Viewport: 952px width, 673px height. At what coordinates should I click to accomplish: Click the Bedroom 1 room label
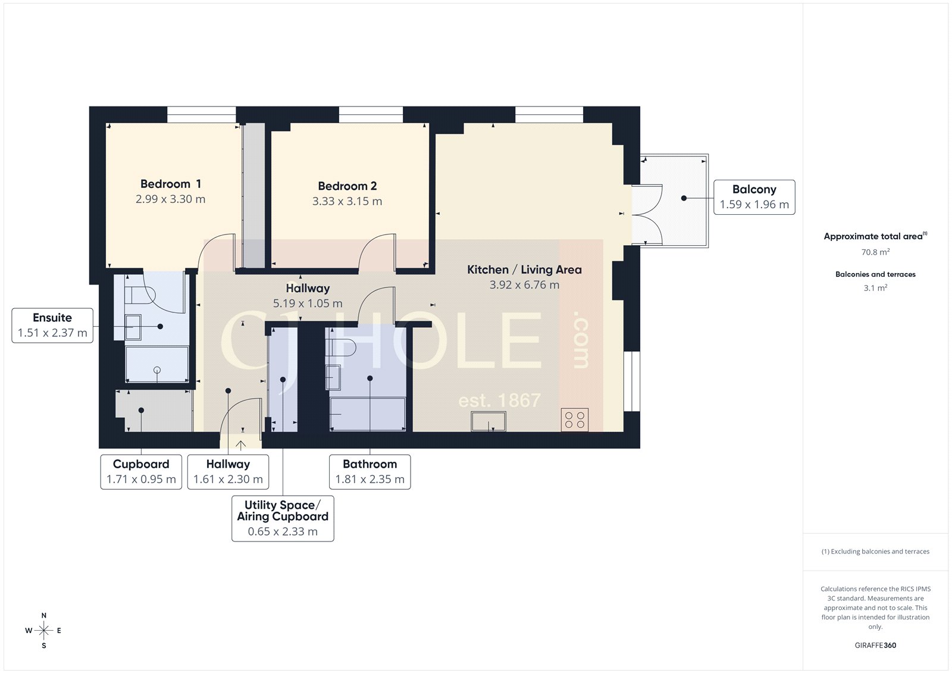tap(170, 184)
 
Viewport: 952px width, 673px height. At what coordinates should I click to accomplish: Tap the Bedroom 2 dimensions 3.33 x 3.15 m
tap(347, 202)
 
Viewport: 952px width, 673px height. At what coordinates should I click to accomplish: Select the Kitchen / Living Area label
tap(524, 270)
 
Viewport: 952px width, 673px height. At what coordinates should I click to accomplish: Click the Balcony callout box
tap(754, 197)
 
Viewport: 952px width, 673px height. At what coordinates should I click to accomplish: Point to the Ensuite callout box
tap(52, 325)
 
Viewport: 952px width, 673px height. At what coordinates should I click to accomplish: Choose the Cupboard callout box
tap(141, 471)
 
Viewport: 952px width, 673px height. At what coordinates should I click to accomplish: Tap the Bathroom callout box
tap(369, 471)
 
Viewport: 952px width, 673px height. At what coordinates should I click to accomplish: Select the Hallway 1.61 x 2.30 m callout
tap(228, 471)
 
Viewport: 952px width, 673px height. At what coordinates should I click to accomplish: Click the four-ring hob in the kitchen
tap(575, 420)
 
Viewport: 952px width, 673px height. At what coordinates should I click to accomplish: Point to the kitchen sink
tap(488, 422)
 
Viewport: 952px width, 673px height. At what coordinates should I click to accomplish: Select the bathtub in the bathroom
tap(368, 414)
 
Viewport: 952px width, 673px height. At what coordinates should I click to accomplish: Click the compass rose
tap(43, 630)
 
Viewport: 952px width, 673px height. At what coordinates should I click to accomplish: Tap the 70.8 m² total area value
tap(875, 252)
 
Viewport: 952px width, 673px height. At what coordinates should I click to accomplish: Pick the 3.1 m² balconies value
tap(875, 288)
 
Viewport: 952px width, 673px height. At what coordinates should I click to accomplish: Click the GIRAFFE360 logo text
tap(875, 645)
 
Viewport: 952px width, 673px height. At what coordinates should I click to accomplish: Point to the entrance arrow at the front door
tap(241, 445)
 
